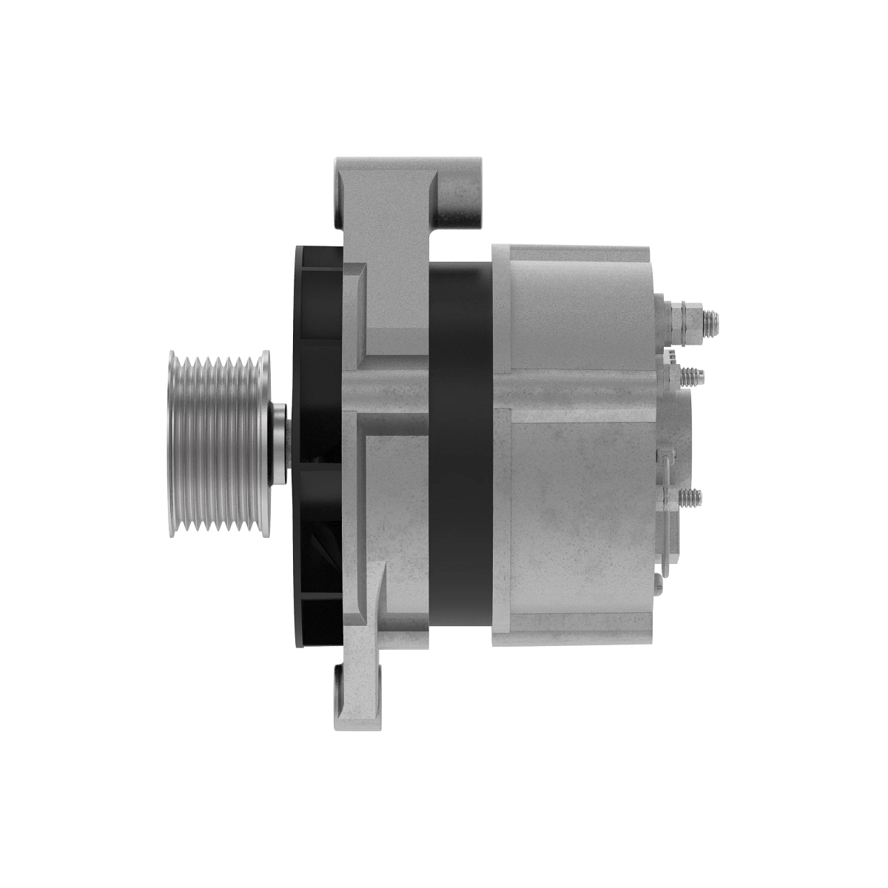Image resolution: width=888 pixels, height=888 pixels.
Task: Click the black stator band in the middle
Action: point(460,444)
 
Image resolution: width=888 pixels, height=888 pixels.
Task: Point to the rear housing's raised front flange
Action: point(500,444)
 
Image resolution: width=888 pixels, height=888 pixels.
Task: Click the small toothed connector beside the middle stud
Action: point(670,358)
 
